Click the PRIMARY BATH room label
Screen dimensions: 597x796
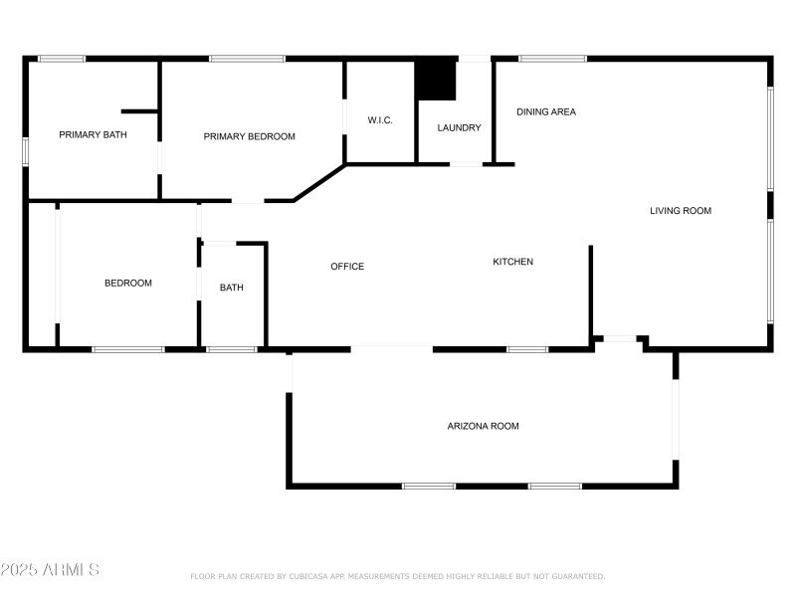(x=93, y=134)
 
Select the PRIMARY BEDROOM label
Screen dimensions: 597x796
(x=250, y=136)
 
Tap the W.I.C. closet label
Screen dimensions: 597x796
(x=380, y=120)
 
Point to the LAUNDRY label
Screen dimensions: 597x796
(x=459, y=127)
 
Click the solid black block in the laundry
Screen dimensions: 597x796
(x=435, y=81)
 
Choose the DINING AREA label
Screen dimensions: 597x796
(x=546, y=111)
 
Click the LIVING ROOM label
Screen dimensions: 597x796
(x=681, y=210)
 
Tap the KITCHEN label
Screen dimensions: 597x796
(x=513, y=262)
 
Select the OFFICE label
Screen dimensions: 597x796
(x=347, y=266)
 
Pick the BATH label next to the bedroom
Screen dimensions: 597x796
(x=232, y=288)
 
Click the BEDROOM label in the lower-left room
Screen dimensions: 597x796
(x=128, y=283)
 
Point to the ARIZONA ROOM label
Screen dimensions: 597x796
(x=483, y=426)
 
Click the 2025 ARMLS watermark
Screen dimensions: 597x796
(x=50, y=570)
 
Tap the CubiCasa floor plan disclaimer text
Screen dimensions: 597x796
(x=397, y=576)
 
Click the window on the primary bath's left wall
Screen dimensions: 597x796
(x=26, y=149)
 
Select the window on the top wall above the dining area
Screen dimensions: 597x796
(x=552, y=59)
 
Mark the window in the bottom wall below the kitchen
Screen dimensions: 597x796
(x=527, y=349)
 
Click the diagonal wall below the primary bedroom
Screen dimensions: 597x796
(x=319, y=183)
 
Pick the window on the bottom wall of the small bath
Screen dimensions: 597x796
(x=232, y=349)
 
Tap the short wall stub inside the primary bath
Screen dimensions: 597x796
(x=140, y=111)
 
